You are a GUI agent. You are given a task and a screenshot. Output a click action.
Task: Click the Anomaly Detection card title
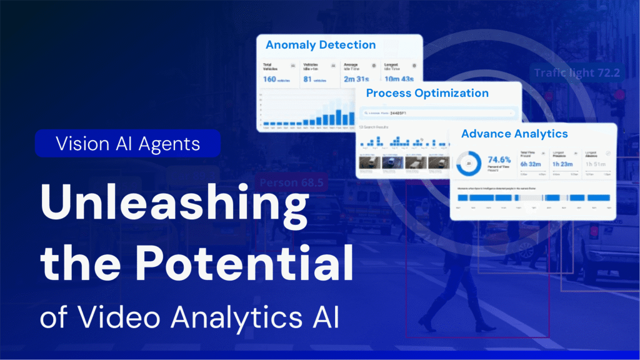(320, 45)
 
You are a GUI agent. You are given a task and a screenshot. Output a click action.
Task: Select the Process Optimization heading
(427, 93)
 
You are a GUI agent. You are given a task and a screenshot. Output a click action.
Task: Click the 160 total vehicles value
(269, 79)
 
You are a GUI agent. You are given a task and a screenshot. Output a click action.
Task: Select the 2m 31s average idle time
(356, 79)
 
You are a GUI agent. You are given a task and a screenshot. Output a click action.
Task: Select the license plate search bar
(438, 114)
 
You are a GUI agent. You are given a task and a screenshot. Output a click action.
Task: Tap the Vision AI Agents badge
(127, 144)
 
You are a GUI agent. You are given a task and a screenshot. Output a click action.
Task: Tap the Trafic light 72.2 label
(576, 73)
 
